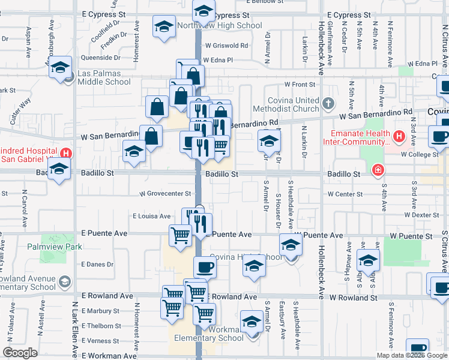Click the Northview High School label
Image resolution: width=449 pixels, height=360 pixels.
coord(219,26)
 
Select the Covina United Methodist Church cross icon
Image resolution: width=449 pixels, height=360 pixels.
coord(328,104)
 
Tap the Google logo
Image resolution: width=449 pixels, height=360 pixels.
coord(20,353)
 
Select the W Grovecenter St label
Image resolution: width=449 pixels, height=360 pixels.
coord(165,194)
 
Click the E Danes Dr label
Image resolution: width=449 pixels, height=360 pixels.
coord(97,264)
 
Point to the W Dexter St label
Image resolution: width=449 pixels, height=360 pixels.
coord(423,214)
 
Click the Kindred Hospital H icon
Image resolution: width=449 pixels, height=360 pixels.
coord(65,153)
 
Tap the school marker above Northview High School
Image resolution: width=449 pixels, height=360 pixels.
coord(203,10)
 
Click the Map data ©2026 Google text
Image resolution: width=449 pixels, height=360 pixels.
coord(411,355)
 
